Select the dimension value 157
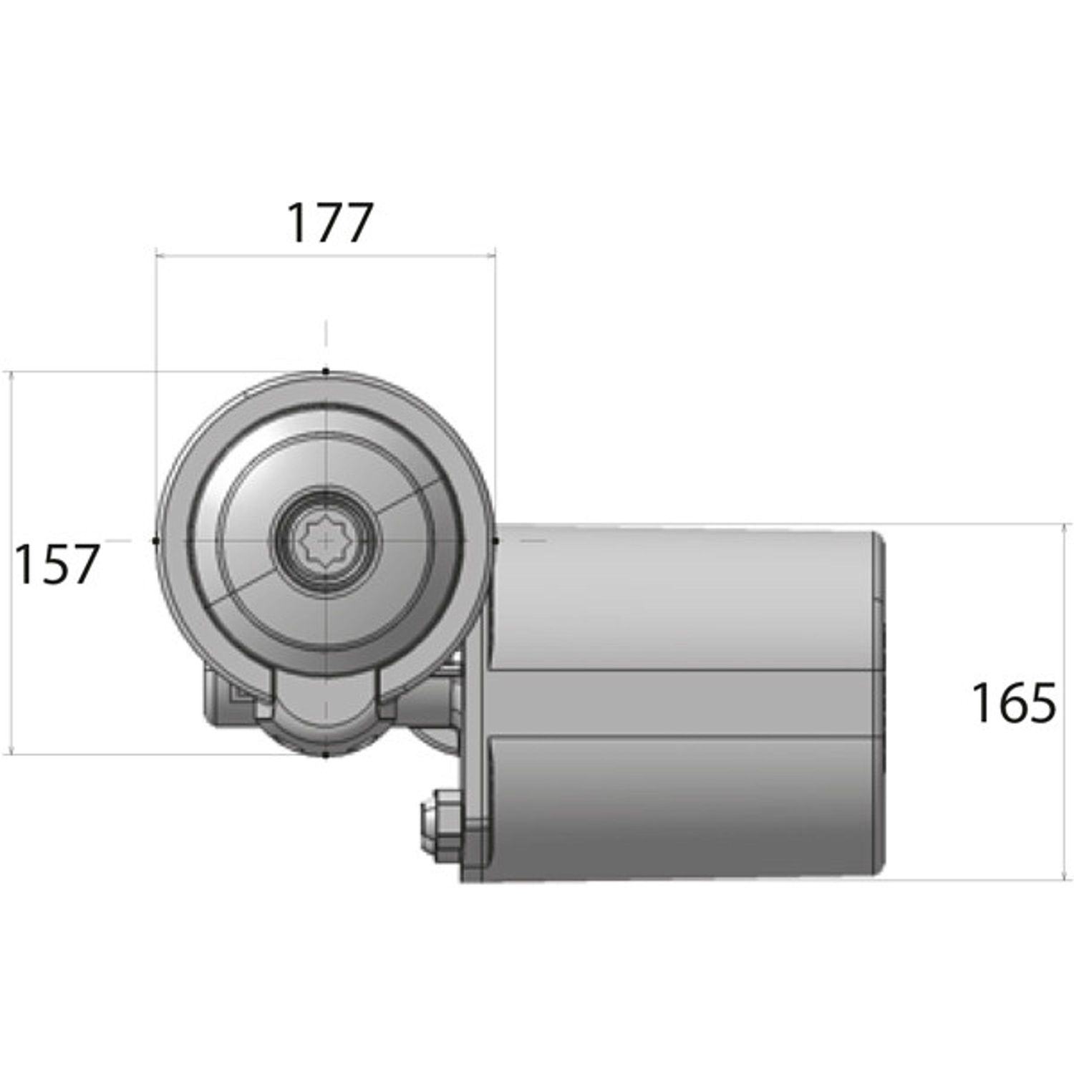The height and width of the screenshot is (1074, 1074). pos(56,564)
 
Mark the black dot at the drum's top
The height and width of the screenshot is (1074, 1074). pos(326,372)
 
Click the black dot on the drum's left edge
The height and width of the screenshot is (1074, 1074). pos(156,541)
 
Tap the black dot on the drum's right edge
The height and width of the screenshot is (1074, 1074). pos(495,541)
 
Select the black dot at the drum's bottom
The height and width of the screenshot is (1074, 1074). pos(326,754)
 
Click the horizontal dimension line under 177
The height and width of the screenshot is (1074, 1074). pos(326,253)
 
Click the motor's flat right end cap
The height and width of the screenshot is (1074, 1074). pos(882,702)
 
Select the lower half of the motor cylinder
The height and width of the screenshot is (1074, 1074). pos(680,809)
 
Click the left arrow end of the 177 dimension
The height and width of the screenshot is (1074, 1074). pos(158,253)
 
